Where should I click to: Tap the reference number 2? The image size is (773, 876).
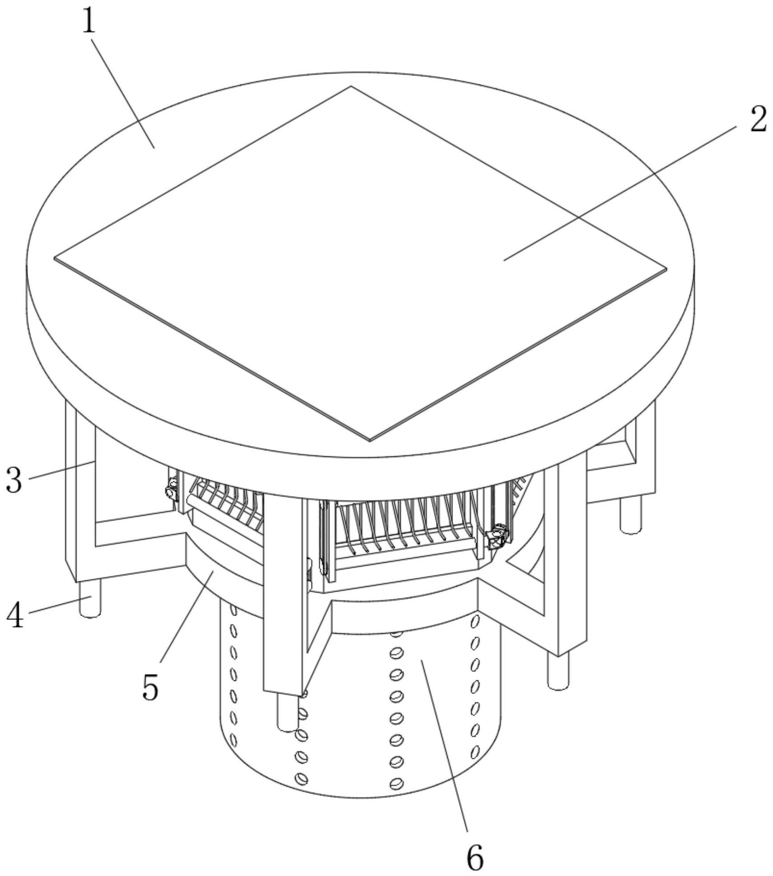coord(758,119)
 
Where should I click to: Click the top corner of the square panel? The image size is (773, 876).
coord(351,86)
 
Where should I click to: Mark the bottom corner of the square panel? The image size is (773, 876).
coord(370,440)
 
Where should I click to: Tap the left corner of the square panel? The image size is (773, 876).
coord(55,258)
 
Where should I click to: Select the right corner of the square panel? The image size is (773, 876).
coord(667,269)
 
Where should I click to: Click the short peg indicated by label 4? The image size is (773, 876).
coord(90,599)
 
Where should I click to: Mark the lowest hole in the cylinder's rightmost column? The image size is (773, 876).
coord(475,752)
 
